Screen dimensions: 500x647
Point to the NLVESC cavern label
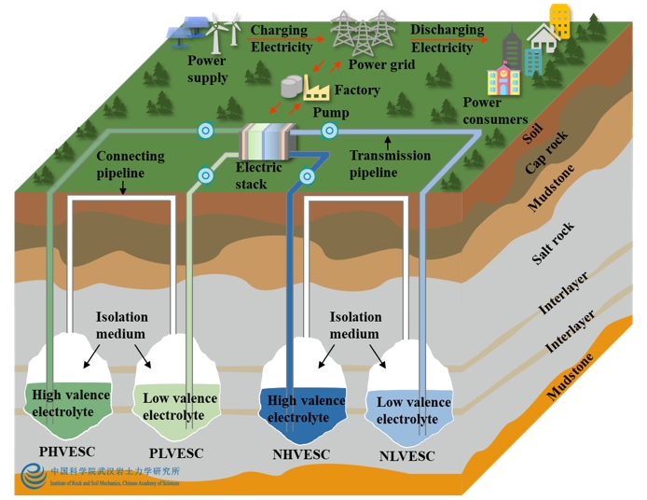pyautogui.click(x=407, y=456)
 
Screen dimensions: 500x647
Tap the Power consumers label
pyautogui.click(x=494, y=111)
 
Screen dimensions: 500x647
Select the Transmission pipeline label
pyautogui.click(x=390, y=164)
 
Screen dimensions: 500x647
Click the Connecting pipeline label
pyautogui.click(x=131, y=164)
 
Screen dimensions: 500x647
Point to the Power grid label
pyautogui.click(x=381, y=65)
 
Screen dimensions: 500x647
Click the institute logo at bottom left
pyautogui.click(x=33, y=477)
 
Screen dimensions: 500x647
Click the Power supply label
pyautogui.click(x=207, y=69)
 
